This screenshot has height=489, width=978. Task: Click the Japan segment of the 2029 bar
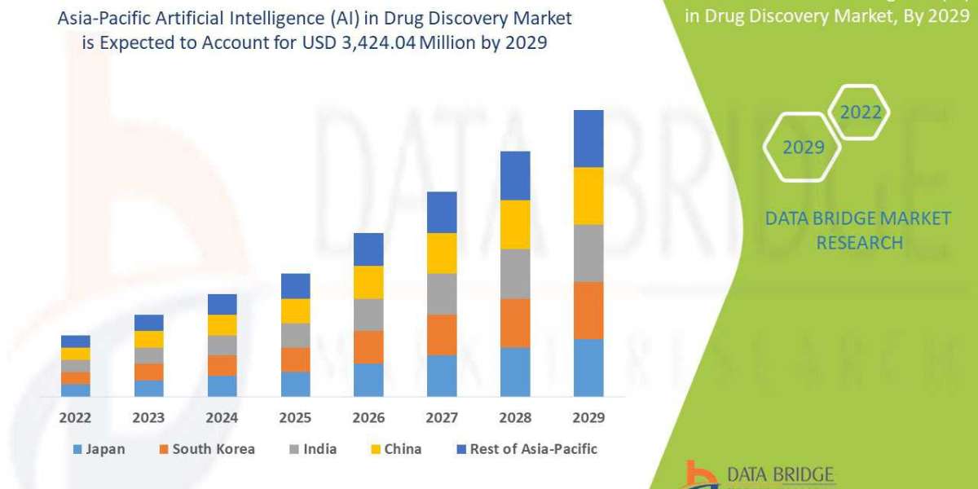click(588, 368)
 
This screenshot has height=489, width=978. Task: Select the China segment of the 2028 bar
click(515, 224)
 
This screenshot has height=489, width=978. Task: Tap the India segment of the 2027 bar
click(442, 293)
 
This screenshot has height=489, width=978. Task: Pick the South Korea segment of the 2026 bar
click(368, 346)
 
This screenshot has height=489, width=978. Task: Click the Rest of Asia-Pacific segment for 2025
click(295, 286)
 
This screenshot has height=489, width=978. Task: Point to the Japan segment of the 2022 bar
click(76, 390)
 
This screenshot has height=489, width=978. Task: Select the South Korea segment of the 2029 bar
click(588, 311)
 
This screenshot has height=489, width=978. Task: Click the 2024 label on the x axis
click(222, 417)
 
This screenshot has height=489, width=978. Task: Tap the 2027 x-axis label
click(442, 417)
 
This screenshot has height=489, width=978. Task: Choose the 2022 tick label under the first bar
click(76, 417)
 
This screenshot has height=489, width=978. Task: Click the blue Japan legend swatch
click(77, 449)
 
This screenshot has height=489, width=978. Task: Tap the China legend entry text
click(403, 449)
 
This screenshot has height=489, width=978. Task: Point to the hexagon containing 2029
click(803, 148)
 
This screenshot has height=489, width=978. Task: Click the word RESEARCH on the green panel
click(859, 242)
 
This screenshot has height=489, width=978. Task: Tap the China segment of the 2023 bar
click(149, 339)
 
